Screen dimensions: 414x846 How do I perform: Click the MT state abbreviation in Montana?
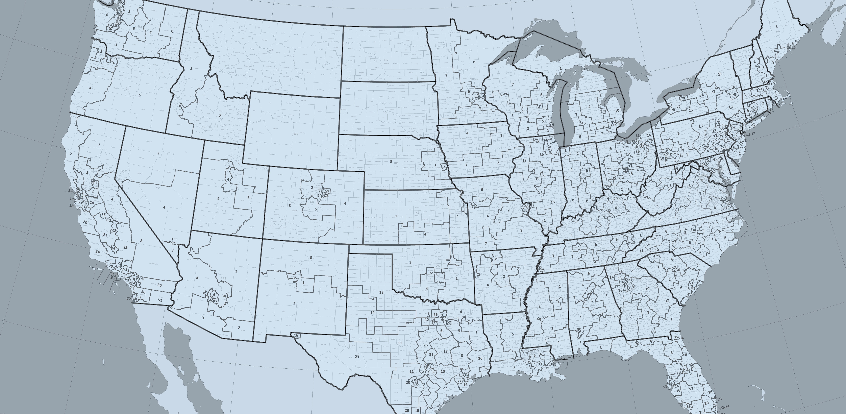pos(271,50)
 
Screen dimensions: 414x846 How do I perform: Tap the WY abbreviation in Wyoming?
pos(296,134)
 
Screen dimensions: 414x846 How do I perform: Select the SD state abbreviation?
pos(385,112)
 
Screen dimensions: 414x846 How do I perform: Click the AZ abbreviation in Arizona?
pos(224,278)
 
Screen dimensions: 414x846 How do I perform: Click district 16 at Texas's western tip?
pos(296,336)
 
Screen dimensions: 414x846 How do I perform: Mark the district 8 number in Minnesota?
pos(474,62)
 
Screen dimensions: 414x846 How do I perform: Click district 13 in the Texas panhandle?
pos(381,292)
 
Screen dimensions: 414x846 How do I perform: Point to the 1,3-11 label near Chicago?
pos(553,142)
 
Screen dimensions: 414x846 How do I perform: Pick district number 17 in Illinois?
pos(524,160)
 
